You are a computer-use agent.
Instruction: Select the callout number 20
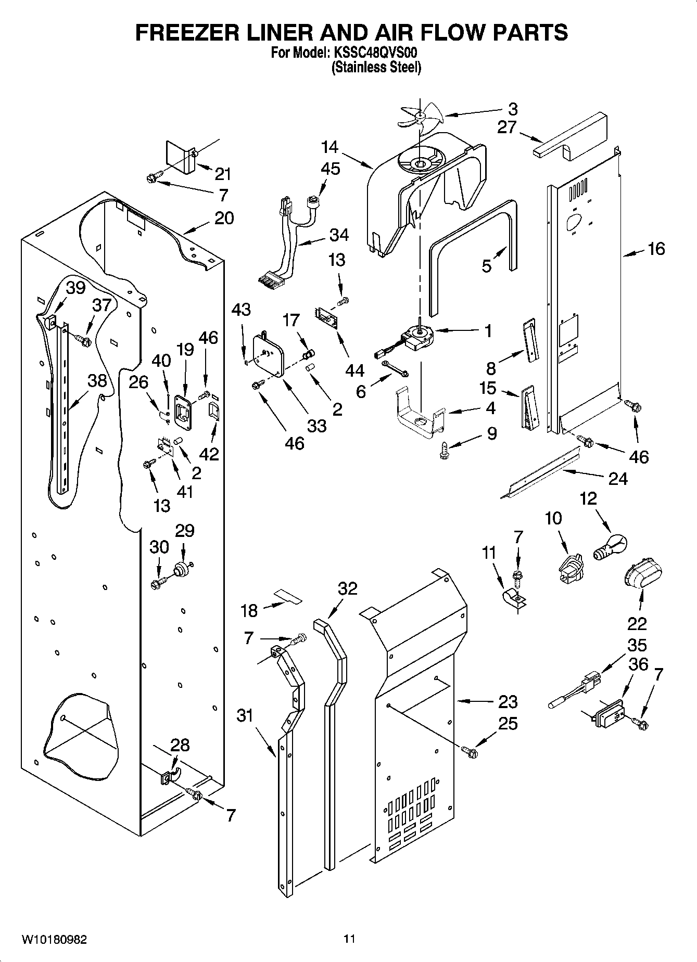224,218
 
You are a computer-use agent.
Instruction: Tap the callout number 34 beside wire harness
339,235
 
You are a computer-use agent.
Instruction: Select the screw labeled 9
444,450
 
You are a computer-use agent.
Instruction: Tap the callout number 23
508,701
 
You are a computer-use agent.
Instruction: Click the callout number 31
245,716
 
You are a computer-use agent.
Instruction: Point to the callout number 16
656,249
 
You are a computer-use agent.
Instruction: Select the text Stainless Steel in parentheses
376,67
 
